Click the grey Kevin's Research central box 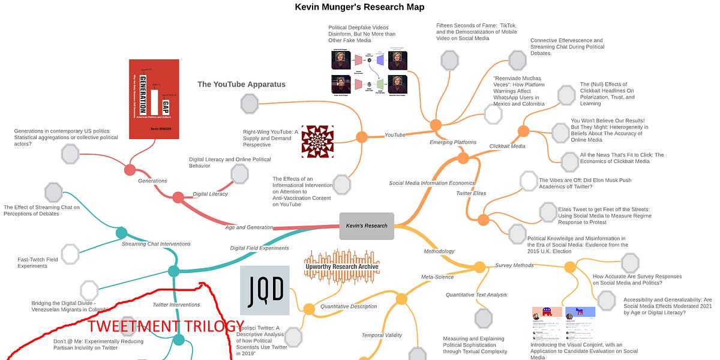point(367,226)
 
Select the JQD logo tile point(265,290)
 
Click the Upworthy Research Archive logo point(342,266)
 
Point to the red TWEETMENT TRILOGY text point(166,326)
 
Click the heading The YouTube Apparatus point(241,84)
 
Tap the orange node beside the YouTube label point(361,137)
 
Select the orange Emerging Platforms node point(436,125)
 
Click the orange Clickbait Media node point(523,131)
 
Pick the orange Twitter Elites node point(483,220)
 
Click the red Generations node point(130,170)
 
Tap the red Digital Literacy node point(178,197)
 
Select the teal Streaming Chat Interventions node point(121,233)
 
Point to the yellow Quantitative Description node point(308,310)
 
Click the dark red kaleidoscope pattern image point(317,142)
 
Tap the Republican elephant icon point(546,313)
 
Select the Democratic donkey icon point(580,313)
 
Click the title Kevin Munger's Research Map point(359,7)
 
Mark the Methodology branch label point(439,251)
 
